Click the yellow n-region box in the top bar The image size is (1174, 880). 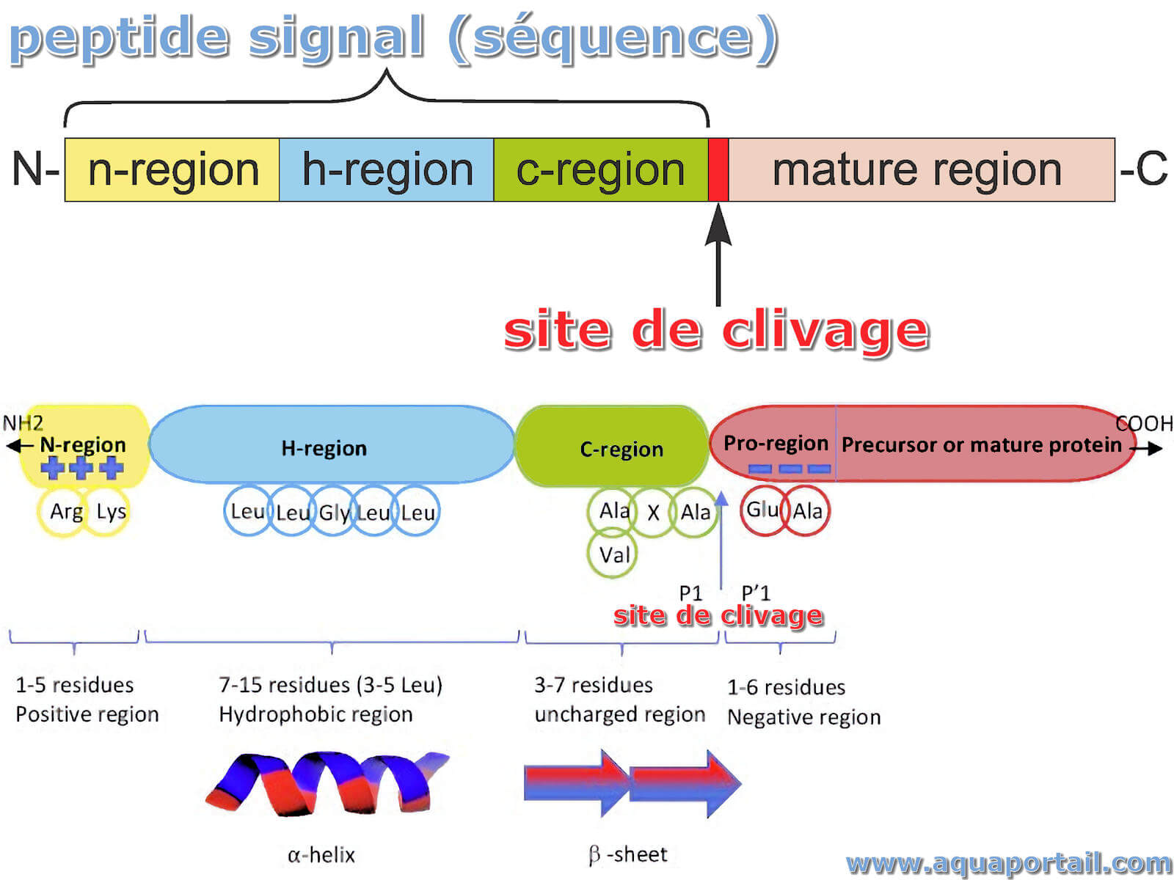pos(172,169)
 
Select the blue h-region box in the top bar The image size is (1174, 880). pos(386,169)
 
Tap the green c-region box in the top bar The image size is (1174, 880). pos(601,169)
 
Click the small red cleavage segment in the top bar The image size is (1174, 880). pos(718,169)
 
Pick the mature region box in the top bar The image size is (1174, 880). pos(922,169)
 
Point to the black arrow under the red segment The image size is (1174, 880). pos(718,255)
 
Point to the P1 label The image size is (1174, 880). pos(690,593)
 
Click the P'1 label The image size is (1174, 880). pos(756,593)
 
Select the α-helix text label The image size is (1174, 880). pos(321,855)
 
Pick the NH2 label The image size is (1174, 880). pos(23,423)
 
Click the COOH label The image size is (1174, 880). pos(1145,424)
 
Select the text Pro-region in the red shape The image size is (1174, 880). pos(776,444)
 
